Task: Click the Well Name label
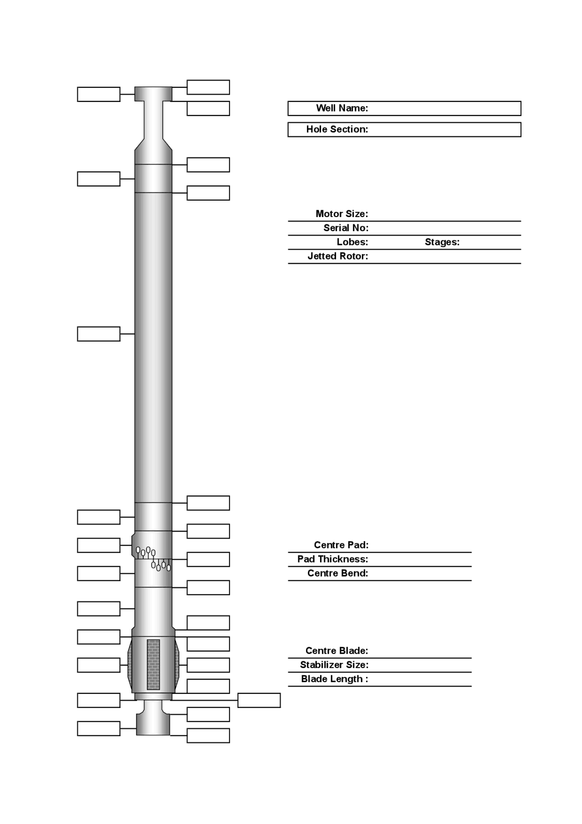click(342, 108)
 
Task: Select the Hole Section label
click(337, 129)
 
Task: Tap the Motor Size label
click(341, 214)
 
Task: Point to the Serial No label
click(346, 228)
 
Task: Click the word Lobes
click(352, 242)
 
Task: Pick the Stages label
click(442, 242)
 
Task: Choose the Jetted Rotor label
click(337, 256)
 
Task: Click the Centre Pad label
click(341, 545)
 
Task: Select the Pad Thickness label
click(332, 559)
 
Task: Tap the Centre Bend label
click(337, 573)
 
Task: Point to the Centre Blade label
click(336, 651)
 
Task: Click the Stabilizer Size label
click(334, 665)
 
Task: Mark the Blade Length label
click(334, 679)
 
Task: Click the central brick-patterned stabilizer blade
click(153, 664)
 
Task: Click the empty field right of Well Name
click(443, 108)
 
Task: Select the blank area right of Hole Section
click(443, 129)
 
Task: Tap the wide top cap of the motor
click(153, 94)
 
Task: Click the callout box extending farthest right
click(259, 700)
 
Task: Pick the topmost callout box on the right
click(208, 87)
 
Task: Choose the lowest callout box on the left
click(99, 728)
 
